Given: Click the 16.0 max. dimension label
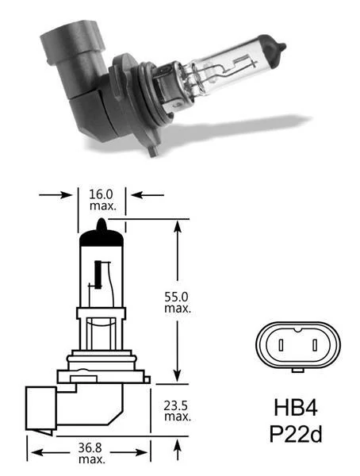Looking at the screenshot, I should pyautogui.click(x=105, y=199).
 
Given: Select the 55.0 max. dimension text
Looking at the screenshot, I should pyautogui.click(x=176, y=301).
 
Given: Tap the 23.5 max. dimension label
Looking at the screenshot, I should pyautogui.click(x=177, y=411).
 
